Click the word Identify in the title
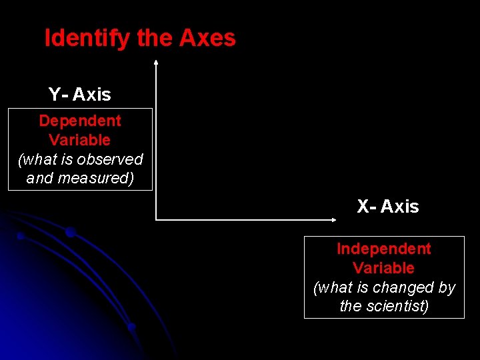pos(87,39)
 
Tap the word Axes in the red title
pos(207,39)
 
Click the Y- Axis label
pos(80,95)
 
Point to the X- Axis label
pos(388,207)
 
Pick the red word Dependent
pos(80,121)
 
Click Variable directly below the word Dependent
pos(80,140)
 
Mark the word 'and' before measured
pos(39,178)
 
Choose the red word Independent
pos(384,249)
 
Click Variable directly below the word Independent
pos(384,268)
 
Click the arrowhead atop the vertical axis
pos(155,62)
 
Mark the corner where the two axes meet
pos(156,219)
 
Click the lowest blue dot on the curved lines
pos(132,327)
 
